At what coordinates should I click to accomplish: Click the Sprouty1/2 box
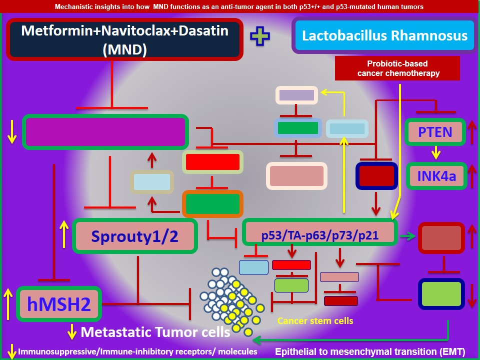pyautogui.click(x=134, y=236)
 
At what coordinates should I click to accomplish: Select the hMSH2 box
pyautogui.click(x=59, y=304)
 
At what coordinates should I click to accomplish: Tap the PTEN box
pyautogui.click(x=435, y=132)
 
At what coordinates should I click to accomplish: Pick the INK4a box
pyautogui.click(x=436, y=176)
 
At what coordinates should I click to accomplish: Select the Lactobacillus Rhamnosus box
pyautogui.click(x=384, y=35)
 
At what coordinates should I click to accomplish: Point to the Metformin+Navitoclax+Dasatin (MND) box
pyautogui.click(x=125, y=39)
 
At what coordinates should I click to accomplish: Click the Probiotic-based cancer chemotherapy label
pyautogui.click(x=397, y=68)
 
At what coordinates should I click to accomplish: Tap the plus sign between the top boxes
pyautogui.click(x=260, y=36)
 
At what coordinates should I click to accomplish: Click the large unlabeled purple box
pyautogui.click(x=105, y=132)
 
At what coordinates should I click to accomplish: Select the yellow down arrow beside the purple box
pyautogui.click(x=11, y=132)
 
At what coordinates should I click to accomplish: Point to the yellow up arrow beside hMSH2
pyautogui.click(x=8, y=303)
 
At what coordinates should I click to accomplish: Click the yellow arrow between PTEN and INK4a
pyautogui.click(x=436, y=152)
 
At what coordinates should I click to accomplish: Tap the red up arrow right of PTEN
pyautogui.click(x=472, y=132)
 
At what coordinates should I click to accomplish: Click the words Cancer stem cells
pyautogui.click(x=315, y=321)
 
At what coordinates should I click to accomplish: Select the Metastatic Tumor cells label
pyautogui.click(x=155, y=332)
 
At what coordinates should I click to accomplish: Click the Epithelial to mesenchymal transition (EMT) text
pyautogui.click(x=370, y=351)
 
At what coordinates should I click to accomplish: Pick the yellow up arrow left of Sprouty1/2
pyautogui.click(x=64, y=234)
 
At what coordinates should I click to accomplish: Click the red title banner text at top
pyautogui.click(x=239, y=6)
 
